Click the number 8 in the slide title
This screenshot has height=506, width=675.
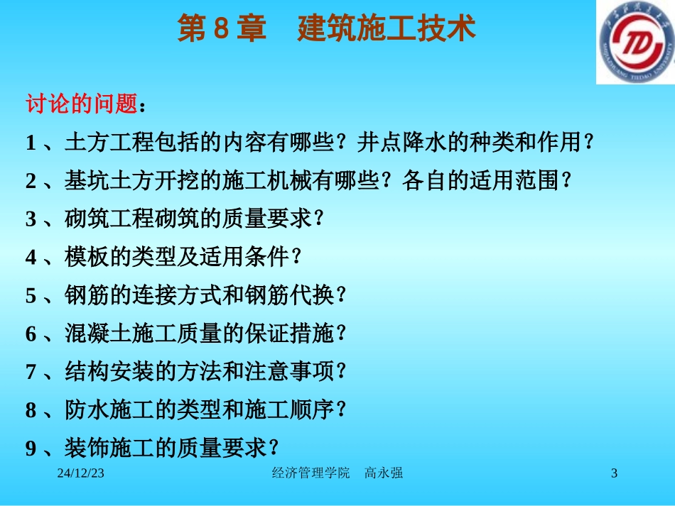[x=220, y=30]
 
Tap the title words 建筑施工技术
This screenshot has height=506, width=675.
[x=386, y=30]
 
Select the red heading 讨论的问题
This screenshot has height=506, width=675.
[x=81, y=105]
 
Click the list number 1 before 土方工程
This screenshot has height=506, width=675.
[x=31, y=143]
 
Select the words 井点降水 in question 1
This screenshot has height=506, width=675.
[x=391, y=143]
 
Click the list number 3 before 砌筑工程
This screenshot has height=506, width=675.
[x=31, y=220]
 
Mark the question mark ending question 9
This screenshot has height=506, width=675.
[x=273, y=448]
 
